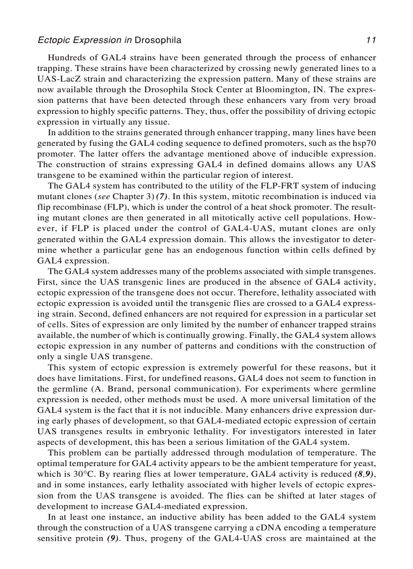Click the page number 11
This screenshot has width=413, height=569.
pyautogui.click(x=371, y=40)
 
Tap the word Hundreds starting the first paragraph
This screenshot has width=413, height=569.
pyautogui.click(x=66, y=58)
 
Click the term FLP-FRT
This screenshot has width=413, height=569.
pyautogui.click(x=291, y=186)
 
